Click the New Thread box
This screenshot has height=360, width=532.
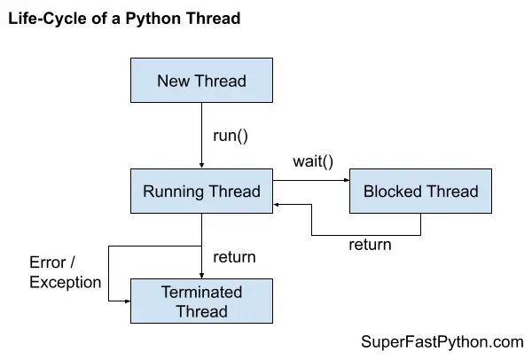click(201, 82)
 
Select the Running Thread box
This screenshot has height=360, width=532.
click(201, 191)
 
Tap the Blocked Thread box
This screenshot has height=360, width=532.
click(420, 191)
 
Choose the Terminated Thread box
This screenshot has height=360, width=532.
click(201, 301)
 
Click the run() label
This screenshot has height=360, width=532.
click(231, 136)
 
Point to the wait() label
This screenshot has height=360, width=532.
click(313, 162)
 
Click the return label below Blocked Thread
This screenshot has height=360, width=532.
click(370, 244)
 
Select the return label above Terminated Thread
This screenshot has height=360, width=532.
click(234, 257)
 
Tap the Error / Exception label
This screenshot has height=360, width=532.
click(65, 273)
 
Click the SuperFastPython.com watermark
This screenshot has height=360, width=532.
click(442, 341)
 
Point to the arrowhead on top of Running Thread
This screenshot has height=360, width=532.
click(201, 164)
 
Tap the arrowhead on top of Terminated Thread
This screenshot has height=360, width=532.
click(201, 274)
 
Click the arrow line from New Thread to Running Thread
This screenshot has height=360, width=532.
click(201, 133)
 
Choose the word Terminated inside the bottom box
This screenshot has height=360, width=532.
click(201, 292)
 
